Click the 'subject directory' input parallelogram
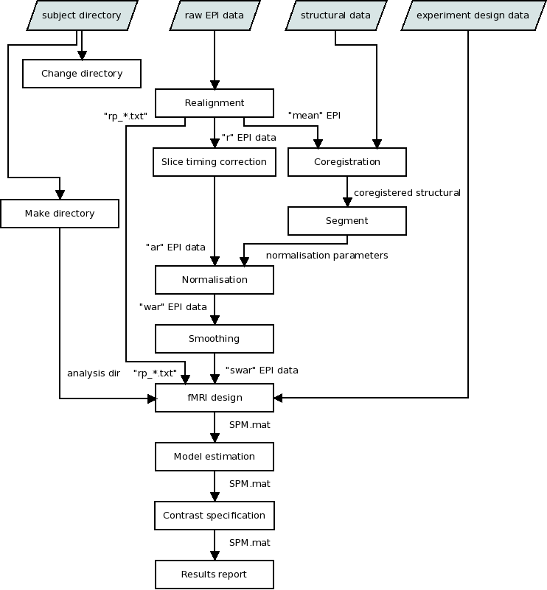click(x=82, y=15)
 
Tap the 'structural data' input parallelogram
click(x=335, y=15)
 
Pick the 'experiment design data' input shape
click(x=473, y=15)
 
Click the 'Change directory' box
click(x=82, y=74)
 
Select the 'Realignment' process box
click(x=215, y=103)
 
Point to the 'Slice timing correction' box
click(x=215, y=162)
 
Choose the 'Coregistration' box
click(x=347, y=162)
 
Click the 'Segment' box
click(x=347, y=221)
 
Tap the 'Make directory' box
click(x=60, y=214)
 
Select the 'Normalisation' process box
click(x=215, y=280)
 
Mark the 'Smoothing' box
click(x=215, y=339)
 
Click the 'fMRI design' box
click(x=215, y=398)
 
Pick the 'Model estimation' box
click(x=215, y=457)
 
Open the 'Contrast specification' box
click(x=215, y=516)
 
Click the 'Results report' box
click(x=215, y=575)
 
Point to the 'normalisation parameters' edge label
click(x=327, y=256)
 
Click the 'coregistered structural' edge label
click(x=407, y=193)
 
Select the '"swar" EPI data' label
click(x=262, y=370)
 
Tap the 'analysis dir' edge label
click(x=94, y=373)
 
